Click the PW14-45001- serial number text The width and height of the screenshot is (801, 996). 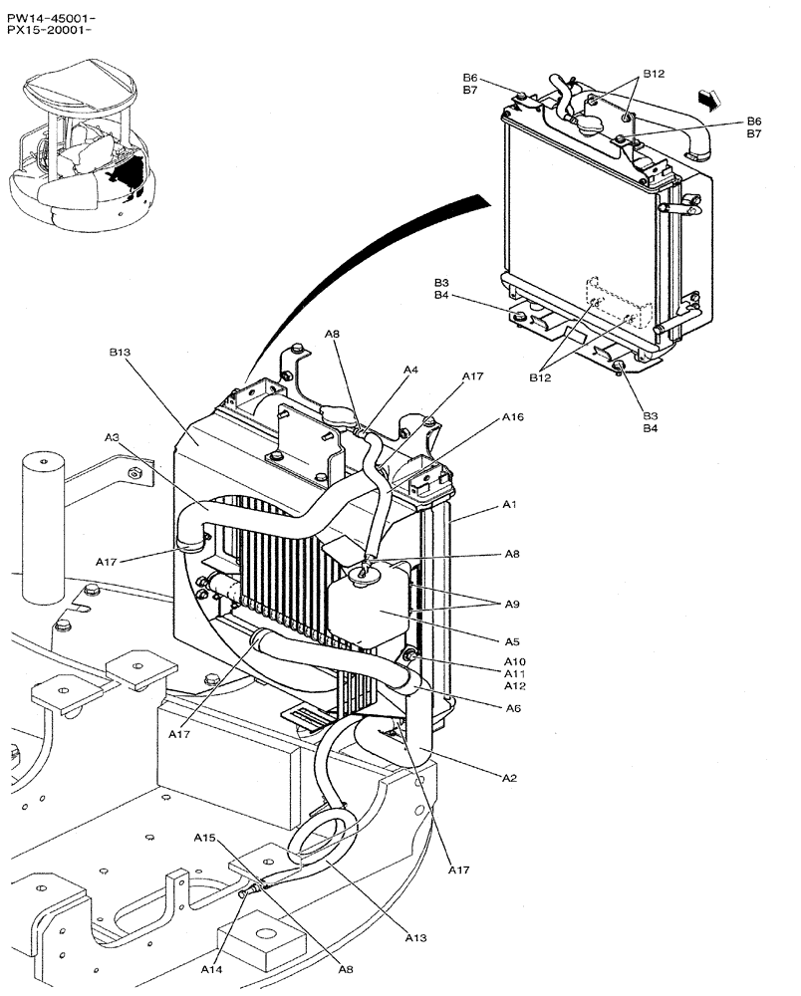click(51, 17)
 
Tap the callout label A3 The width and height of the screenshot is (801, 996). click(112, 437)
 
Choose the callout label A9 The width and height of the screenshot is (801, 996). click(512, 604)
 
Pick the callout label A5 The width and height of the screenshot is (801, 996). click(512, 641)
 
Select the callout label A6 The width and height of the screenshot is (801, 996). click(512, 708)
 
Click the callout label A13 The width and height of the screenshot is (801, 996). click(416, 936)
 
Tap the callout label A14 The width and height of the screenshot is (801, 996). click(211, 968)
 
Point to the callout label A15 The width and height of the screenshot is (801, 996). click(205, 838)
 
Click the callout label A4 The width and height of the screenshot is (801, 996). click(410, 370)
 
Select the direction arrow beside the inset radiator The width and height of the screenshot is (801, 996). click(709, 98)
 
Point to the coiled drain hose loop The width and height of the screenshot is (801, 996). click(317, 832)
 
